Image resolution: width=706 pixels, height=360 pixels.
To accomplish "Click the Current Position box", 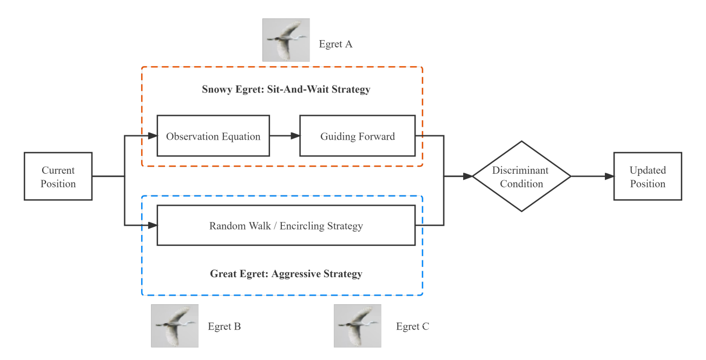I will coord(58,176).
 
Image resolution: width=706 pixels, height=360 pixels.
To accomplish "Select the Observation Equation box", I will coord(213,136).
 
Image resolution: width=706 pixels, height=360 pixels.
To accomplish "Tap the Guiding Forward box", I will coord(358,136).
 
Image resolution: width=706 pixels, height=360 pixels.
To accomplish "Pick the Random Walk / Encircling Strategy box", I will coord(286,225).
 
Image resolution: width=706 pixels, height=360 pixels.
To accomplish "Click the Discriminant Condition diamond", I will coord(522,176).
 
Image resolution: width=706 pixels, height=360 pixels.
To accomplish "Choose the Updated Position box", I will coord(647,176).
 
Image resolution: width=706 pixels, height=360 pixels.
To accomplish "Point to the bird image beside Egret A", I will coord(286,40).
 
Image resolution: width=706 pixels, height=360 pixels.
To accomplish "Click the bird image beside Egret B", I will coord(174,325).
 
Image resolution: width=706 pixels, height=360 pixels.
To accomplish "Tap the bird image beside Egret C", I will coord(357,325).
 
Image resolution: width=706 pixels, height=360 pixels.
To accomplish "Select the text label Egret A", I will coord(335,44).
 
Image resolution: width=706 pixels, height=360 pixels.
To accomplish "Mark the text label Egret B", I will coord(224,326).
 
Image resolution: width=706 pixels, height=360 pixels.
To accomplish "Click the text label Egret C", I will coord(412,326).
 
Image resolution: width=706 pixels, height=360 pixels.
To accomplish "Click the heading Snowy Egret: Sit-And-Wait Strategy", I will coord(286,89).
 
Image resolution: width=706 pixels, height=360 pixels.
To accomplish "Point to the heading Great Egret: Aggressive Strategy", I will coord(286,273).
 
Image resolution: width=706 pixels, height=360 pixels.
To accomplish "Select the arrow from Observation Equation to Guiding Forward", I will coord(285,136).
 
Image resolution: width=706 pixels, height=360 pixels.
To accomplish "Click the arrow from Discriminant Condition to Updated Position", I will coord(592,176).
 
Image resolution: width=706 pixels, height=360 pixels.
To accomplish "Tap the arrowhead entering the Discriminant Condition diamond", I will coord(467,176).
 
